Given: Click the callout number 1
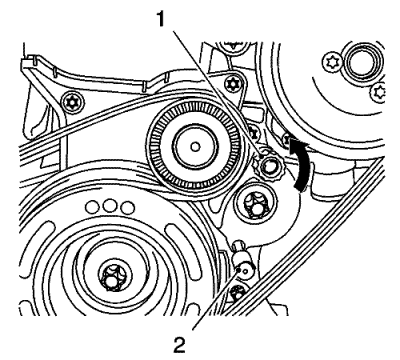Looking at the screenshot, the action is tap(161, 20).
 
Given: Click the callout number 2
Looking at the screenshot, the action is tap(179, 344).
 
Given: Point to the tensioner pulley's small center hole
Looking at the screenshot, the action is tap(195, 146).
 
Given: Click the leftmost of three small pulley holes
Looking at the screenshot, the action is tap(92, 207).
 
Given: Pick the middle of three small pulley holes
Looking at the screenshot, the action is tap(110, 207).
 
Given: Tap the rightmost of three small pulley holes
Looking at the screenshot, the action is tap(128, 207).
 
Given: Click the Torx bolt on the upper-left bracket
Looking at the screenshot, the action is tap(72, 101).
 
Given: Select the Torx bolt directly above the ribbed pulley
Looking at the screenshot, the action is tap(233, 84).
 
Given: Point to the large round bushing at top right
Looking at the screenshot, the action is tap(362, 62).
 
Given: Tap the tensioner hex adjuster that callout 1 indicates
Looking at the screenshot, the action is tap(269, 165).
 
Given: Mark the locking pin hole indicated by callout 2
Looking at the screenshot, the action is tap(246, 270).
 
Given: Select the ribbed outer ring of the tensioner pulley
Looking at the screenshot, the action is tap(196, 146).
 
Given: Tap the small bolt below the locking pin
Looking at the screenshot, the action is tap(238, 294).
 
